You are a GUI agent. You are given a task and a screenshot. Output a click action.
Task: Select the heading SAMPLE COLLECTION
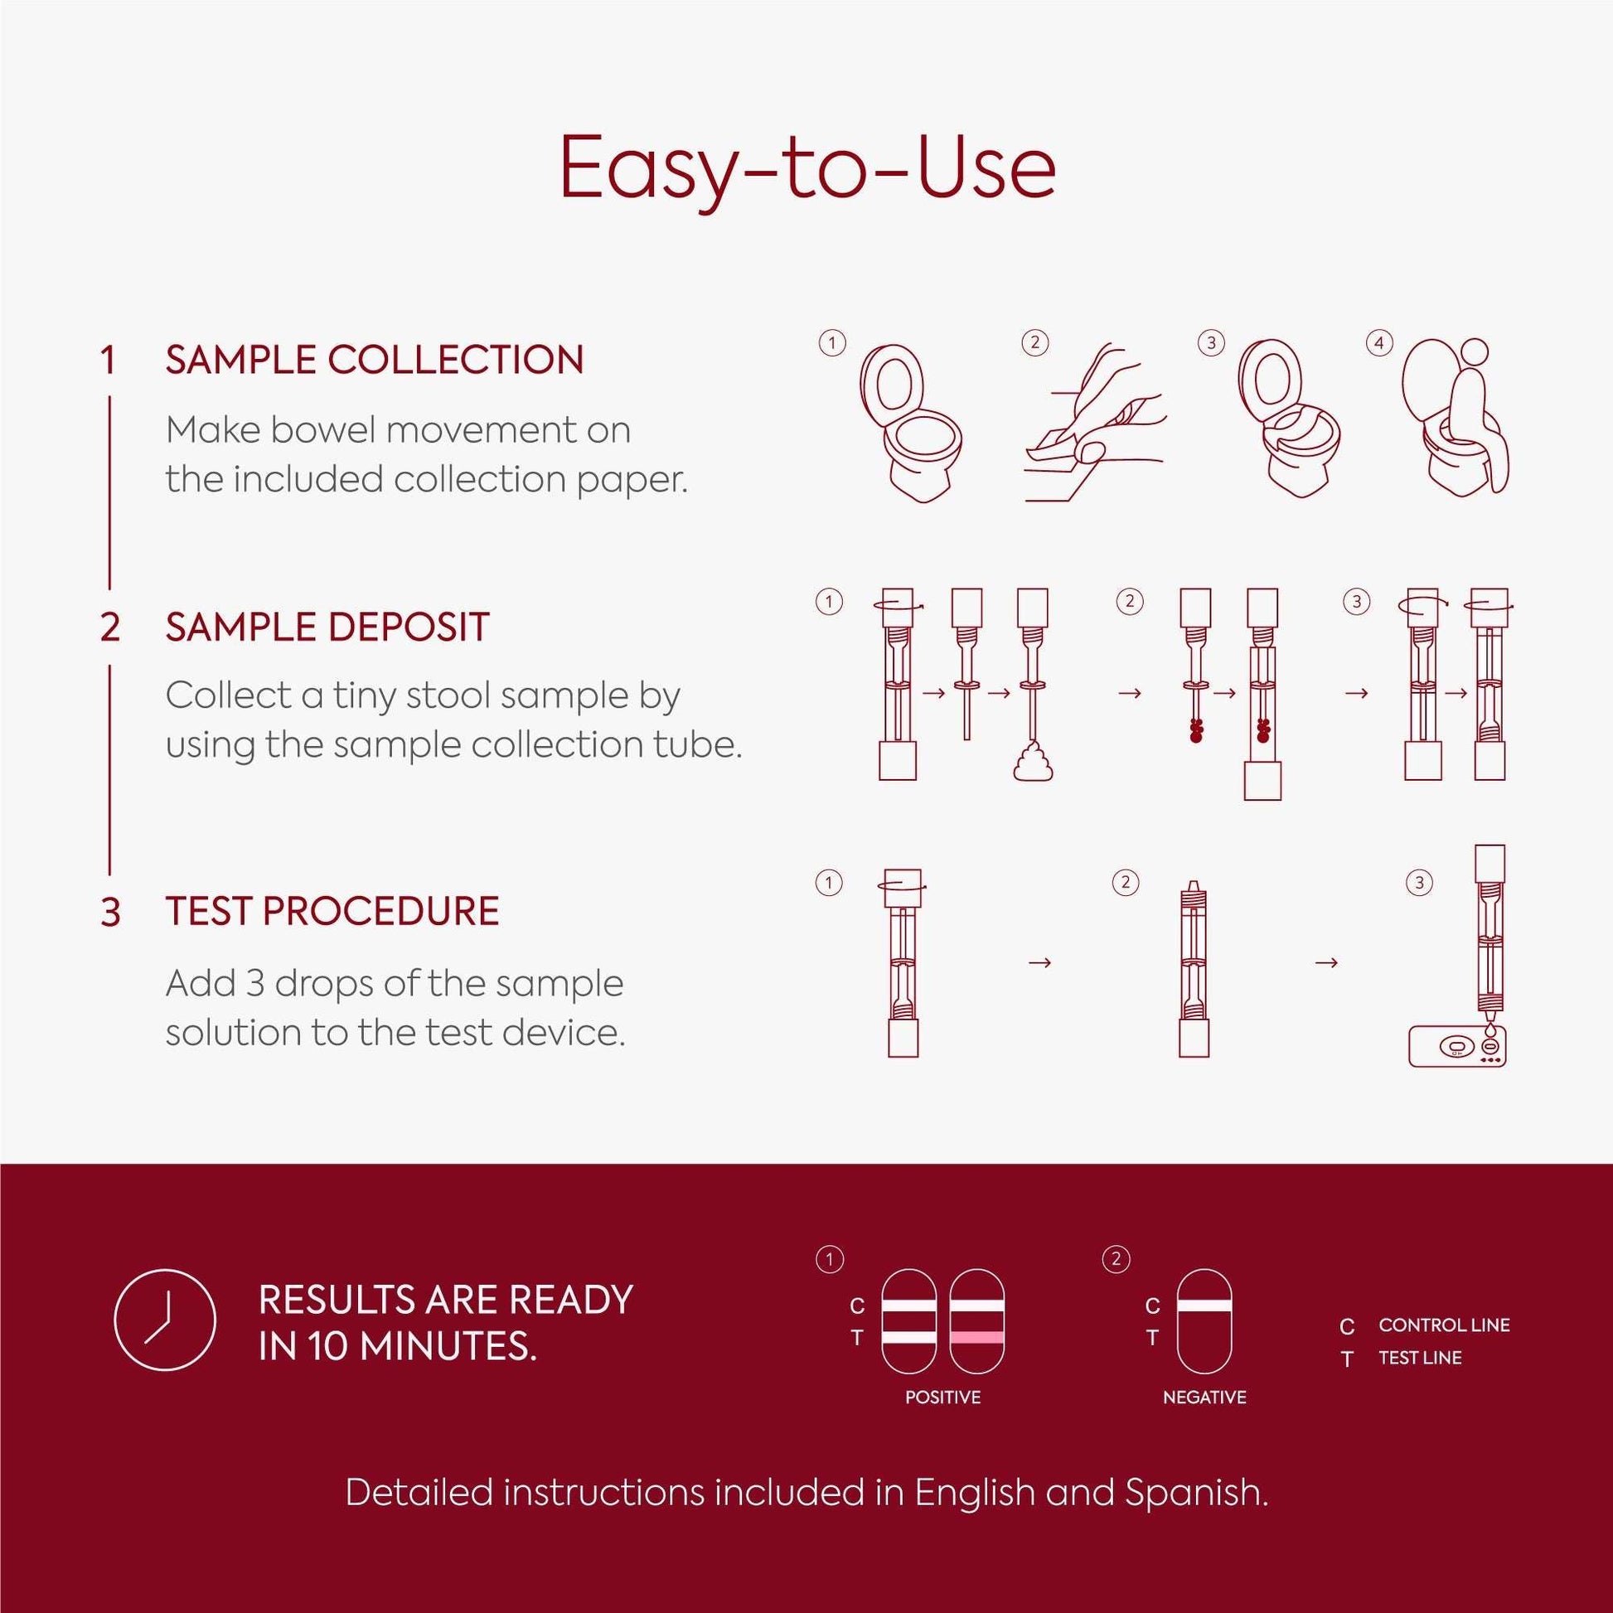point(374,360)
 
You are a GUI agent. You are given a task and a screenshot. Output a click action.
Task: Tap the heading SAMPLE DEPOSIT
point(327,627)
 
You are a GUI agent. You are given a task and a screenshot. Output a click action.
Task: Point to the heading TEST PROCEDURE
point(332,911)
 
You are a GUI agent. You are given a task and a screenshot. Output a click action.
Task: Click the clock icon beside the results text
point(164,1320)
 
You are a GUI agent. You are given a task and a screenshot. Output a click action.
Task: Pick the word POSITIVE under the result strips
point(942,1397)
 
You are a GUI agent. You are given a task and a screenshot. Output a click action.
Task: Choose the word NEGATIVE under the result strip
point(1204,1397)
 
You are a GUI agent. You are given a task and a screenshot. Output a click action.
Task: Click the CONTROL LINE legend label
point(1444,1325)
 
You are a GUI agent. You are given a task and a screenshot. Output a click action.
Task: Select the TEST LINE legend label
point(1419,1358)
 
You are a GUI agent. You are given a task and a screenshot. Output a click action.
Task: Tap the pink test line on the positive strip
point(976,1338)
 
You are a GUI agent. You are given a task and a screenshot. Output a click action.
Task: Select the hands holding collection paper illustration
point(1093,426)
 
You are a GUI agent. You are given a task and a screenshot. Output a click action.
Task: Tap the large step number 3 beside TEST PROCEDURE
point(110,912)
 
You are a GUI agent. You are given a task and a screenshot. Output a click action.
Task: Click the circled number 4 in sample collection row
point(1378,343)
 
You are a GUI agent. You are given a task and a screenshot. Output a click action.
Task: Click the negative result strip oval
point(1204,1320)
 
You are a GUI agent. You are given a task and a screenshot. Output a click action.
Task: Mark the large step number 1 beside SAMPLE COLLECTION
point(108,361)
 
